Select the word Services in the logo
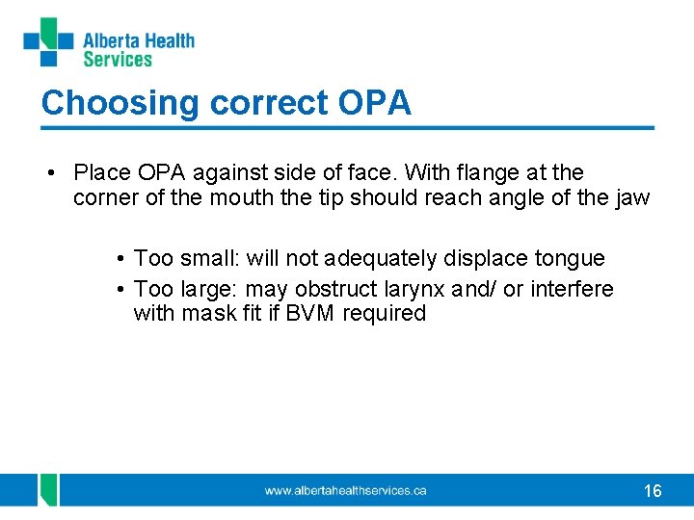tap(118, 60)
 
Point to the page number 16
tap(653, 491)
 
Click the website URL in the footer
tap(345, 491)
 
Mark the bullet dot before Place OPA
tap(50, 173)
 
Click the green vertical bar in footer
tap(48, 490)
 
